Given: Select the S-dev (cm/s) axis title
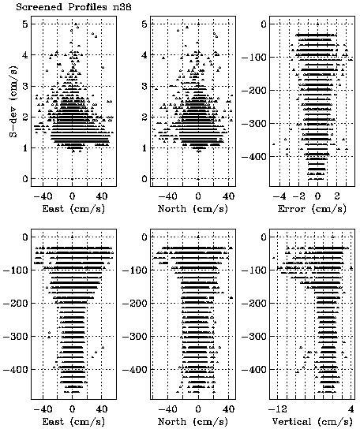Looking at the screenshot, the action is click(x=13, y=101).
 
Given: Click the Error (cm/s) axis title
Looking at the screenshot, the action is click(x=312, y=209).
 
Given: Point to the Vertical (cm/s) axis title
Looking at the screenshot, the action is click(x=312, y=422).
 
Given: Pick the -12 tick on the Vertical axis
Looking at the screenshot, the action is click(x=278, y=409).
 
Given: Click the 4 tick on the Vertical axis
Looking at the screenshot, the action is click(x=351, y=409).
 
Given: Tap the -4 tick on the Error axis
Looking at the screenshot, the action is click(x=279, y=196).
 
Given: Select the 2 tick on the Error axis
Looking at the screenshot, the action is click(x=337, y=196).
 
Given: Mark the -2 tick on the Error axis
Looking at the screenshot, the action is click(x=298, y=196).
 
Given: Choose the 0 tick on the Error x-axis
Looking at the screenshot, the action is click(x=317, y=196).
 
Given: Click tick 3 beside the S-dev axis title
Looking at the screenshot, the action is click(x=25, y=86).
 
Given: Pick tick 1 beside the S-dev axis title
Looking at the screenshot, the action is click(x=25, y=147).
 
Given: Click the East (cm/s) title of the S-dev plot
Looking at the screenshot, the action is click(x=73, y=209).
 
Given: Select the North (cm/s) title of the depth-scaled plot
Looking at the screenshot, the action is click(x=193, y=422).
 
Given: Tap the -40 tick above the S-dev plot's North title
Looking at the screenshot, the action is click(x=167, y=196).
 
